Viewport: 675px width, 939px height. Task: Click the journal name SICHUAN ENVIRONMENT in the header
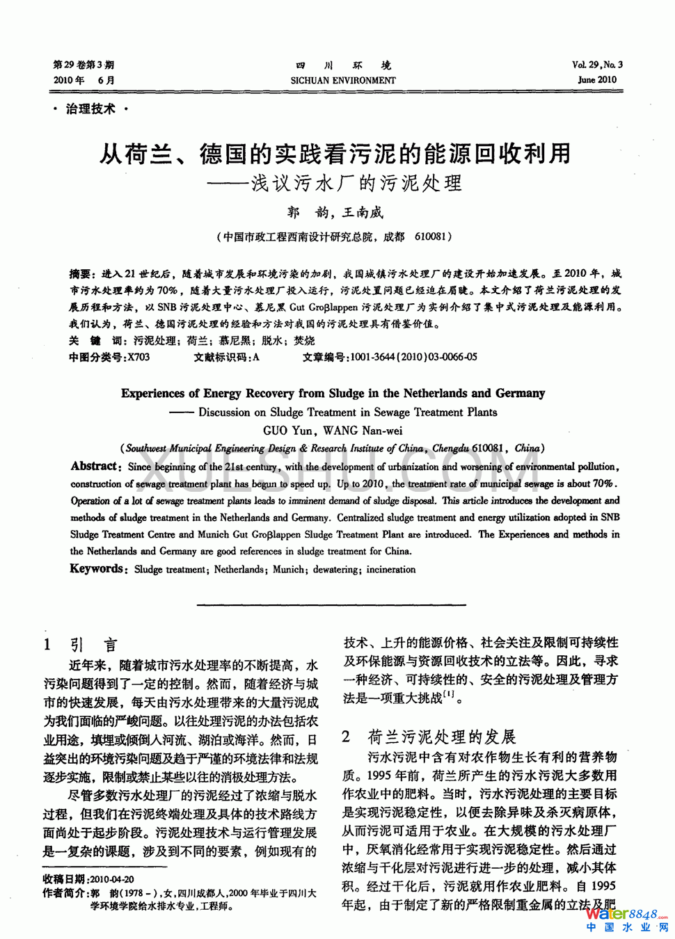click(343, 81)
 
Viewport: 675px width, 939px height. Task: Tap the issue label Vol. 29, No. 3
click(597, 65)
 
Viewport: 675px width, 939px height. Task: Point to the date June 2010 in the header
click(597, 80)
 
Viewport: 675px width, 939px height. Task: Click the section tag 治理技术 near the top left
click(90, 109)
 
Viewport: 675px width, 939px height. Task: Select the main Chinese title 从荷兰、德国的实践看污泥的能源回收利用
click(335, 153)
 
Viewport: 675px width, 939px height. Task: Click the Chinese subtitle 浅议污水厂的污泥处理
click(356, 184)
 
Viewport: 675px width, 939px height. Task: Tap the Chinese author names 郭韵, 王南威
click(335, 212)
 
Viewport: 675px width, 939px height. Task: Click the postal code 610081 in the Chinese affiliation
click(430, 236)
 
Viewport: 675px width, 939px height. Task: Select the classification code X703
click(138, 358)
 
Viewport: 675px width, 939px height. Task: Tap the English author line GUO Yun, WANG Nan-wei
click(333, 431)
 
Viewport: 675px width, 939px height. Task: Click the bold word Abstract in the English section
click(95, 467)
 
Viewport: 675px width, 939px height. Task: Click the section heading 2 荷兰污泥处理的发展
click(429, 737)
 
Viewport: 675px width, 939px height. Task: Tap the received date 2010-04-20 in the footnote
click(112, 879)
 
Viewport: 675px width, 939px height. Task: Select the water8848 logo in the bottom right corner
click(627, 918)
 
